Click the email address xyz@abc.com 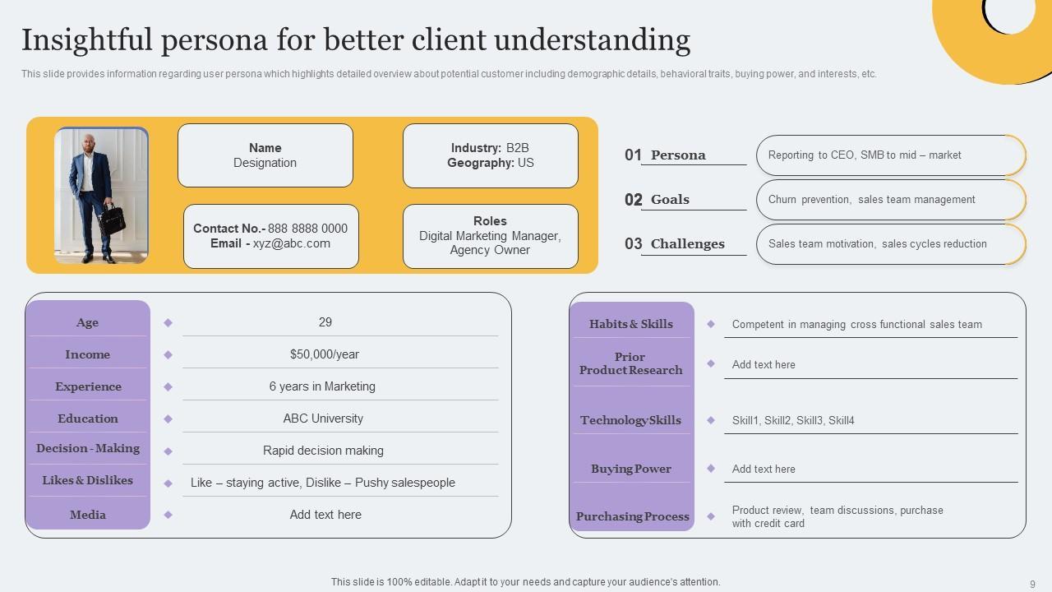coord(292,243)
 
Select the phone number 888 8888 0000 coord(307,229)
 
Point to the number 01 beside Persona coord(633,155)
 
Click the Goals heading coord(670,199)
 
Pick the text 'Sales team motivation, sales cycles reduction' coord(877,244)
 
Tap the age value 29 coord(325,322)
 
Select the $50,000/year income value coord(325,354)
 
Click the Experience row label coord(88,386)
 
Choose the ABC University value coord(323,419)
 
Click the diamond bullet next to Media coord(168,515)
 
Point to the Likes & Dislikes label coord(88,480)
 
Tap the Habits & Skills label coord(630,324)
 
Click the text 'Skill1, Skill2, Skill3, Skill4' coord(793,421)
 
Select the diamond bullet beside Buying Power coord(711,469)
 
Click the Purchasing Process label coord(632,516)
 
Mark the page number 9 coord(1032,585)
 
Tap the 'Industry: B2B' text coord(490,148)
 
